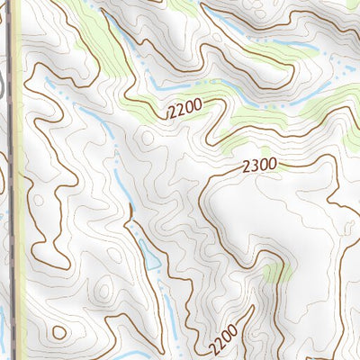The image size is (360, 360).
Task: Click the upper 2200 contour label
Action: coord(185,110)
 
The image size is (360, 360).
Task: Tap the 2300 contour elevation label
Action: coord(260,166)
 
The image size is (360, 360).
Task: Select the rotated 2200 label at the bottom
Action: coord(224,338)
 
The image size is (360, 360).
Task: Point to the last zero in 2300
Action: coord(273,165)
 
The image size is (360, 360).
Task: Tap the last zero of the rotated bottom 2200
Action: coord(234,328)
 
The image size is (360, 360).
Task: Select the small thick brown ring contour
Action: coord(58,332)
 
